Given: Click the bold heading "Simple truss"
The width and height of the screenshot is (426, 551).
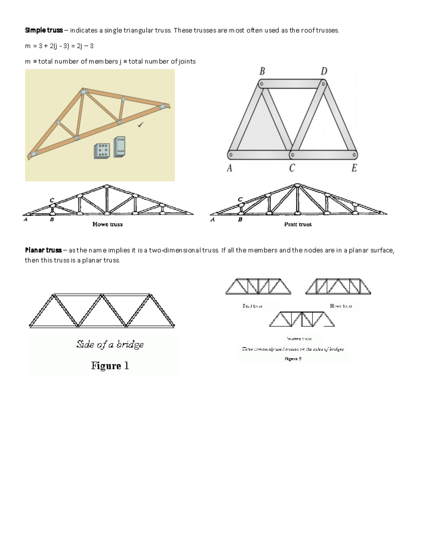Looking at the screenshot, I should (44, 30).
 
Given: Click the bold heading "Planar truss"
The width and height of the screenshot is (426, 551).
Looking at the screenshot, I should (43, 250).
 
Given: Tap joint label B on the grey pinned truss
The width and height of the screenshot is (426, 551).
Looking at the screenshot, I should (262, 71).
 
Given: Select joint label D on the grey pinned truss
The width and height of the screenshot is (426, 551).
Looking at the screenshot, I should (324, 71).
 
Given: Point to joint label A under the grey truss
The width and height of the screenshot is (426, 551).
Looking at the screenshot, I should (230, 168).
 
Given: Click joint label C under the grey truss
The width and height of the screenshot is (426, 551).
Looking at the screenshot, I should (292, 168).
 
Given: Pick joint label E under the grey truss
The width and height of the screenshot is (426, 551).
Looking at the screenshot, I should (354, 168).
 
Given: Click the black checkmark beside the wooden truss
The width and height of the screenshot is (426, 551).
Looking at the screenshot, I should (141, 124).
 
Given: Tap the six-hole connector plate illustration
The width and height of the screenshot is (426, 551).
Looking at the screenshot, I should (102, 151).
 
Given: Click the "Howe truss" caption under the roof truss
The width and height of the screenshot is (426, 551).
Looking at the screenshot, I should (107, 224).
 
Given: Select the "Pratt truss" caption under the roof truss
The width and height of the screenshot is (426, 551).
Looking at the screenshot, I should (298, 224).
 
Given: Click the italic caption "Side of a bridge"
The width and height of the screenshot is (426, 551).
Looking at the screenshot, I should (110, 345).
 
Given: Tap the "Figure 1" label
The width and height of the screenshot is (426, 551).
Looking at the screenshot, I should (110, 366).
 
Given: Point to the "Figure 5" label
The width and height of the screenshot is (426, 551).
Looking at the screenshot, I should (293, 359).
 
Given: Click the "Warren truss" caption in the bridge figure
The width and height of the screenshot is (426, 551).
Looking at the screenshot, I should (299, 338).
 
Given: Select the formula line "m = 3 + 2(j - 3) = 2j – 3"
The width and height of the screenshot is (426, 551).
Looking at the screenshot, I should (59, 46).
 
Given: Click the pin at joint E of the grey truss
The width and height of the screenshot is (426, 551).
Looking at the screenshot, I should (354, 155).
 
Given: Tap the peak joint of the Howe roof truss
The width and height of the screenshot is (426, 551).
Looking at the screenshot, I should (106, 186).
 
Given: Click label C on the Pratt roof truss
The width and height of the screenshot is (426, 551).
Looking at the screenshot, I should (240, 200).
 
